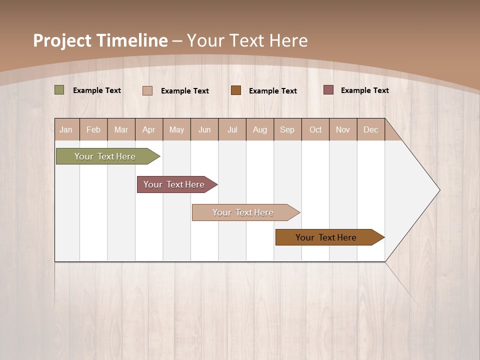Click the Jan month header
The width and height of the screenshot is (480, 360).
tap(66, 129)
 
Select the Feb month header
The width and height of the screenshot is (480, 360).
tap(93, 129)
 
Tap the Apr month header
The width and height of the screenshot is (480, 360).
tap(149, 129)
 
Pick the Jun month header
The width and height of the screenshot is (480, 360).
tap(204, 129)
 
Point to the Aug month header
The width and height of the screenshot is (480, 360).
tap(260, 129)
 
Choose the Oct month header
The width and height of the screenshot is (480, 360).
tap(315, 129)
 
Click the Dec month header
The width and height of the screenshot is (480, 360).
tap(371, 129)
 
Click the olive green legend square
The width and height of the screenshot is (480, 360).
tap(59, 90)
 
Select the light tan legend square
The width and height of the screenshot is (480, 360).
tap(147, 90)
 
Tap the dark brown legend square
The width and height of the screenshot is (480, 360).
tap(236, 90)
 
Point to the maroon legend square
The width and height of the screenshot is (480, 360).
tap(328, 90)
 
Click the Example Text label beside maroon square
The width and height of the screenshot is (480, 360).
tap(364, 90)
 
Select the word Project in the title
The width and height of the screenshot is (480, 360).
tap(62, 40)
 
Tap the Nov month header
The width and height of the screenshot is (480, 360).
tap(343, 129)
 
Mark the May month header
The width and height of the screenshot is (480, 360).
tap(176, 129)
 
